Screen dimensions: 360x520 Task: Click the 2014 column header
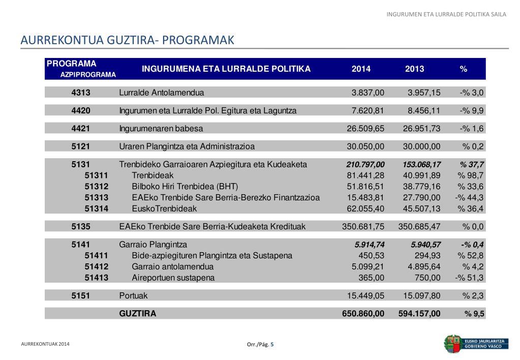[x=361, y=69]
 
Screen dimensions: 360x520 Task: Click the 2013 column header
[x=414, y=69]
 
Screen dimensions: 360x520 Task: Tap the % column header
[x=463, y=69]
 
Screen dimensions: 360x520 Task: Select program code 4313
[x=81, y=93]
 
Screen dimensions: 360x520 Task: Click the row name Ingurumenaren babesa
[x=161, y=128]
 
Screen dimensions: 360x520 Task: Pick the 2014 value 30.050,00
[x=365, y=146]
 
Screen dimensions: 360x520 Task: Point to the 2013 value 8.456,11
[x=422, y=110]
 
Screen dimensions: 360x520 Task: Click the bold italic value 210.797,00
[x=365, y=164]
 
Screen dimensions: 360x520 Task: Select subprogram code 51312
[x=97, y=186]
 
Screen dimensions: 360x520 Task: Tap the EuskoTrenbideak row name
[x=164, y=208]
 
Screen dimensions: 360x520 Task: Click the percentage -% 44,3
[x=470, y=197]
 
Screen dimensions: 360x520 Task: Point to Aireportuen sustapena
[x=173, y=278]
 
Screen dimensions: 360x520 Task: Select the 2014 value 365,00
[x=372, y=278]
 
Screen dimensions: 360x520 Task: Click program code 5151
[x=81, y=295]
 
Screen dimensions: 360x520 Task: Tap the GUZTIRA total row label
[x=137, y=314]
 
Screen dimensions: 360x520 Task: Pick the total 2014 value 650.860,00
[x=363, y=314]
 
